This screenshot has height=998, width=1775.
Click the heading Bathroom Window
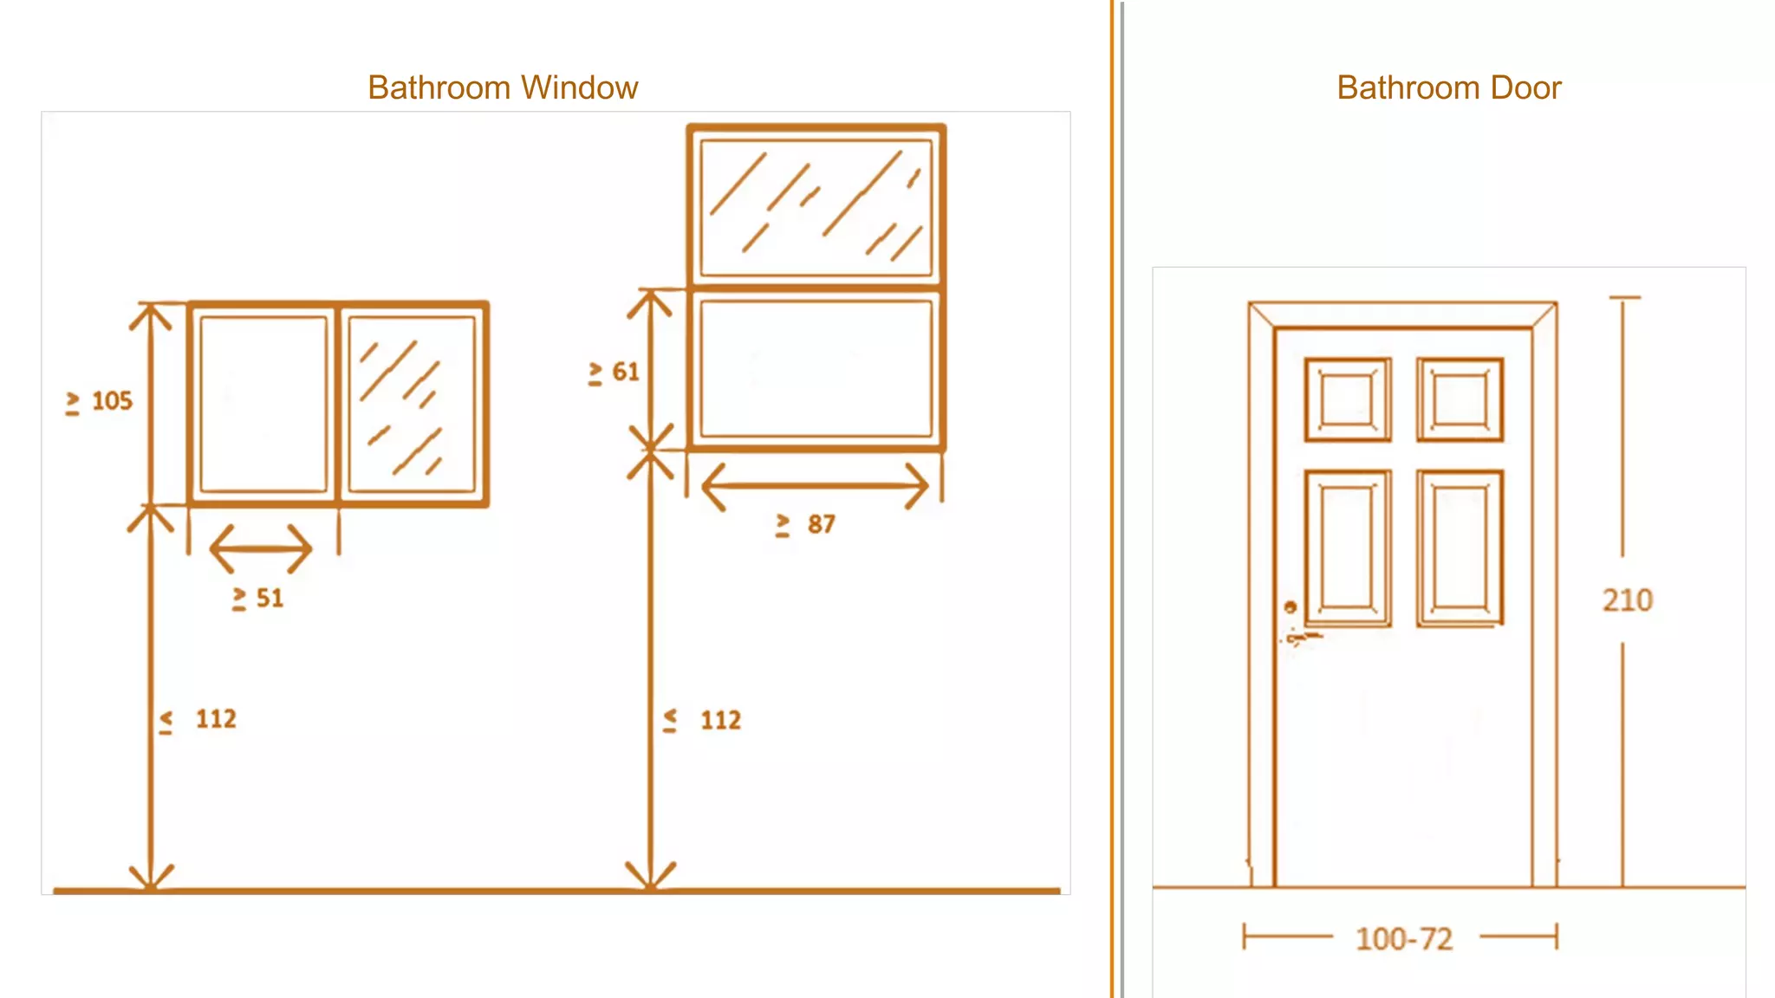(x=503, y=87)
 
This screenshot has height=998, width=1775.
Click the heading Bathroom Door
(x=1448, y=87)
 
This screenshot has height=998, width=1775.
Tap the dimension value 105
(x=112, y=401)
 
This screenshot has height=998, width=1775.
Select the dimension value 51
(x=270, y=598)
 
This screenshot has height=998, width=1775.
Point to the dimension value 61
(x=626, y=372)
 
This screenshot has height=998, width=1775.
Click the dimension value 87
(x=821, y=524)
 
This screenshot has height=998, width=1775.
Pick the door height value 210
(x=1627, y=599)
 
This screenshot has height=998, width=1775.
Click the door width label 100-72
(x=1403, y=938)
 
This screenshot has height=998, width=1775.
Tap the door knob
(x=1291, y=607)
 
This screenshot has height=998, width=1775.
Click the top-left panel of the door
(x=1347, y=399)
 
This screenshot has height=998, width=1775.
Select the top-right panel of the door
(x=1460, y=399)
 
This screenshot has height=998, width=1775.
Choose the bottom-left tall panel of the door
(x=1347, y=548)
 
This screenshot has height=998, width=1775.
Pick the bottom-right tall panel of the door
(x=1460, y=548)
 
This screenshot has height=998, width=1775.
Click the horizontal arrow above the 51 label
(x=260, y=548)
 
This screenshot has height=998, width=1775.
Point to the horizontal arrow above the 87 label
(x=815, y=486)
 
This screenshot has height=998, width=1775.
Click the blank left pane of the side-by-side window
(x=263, y=404)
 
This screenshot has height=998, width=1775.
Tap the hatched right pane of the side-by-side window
(x=412, y=404)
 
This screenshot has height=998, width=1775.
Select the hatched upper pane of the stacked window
(x=816, y=207)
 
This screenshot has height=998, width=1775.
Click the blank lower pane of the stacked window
(x=816, y=368)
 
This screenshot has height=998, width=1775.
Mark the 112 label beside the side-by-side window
(x=215, y=719)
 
